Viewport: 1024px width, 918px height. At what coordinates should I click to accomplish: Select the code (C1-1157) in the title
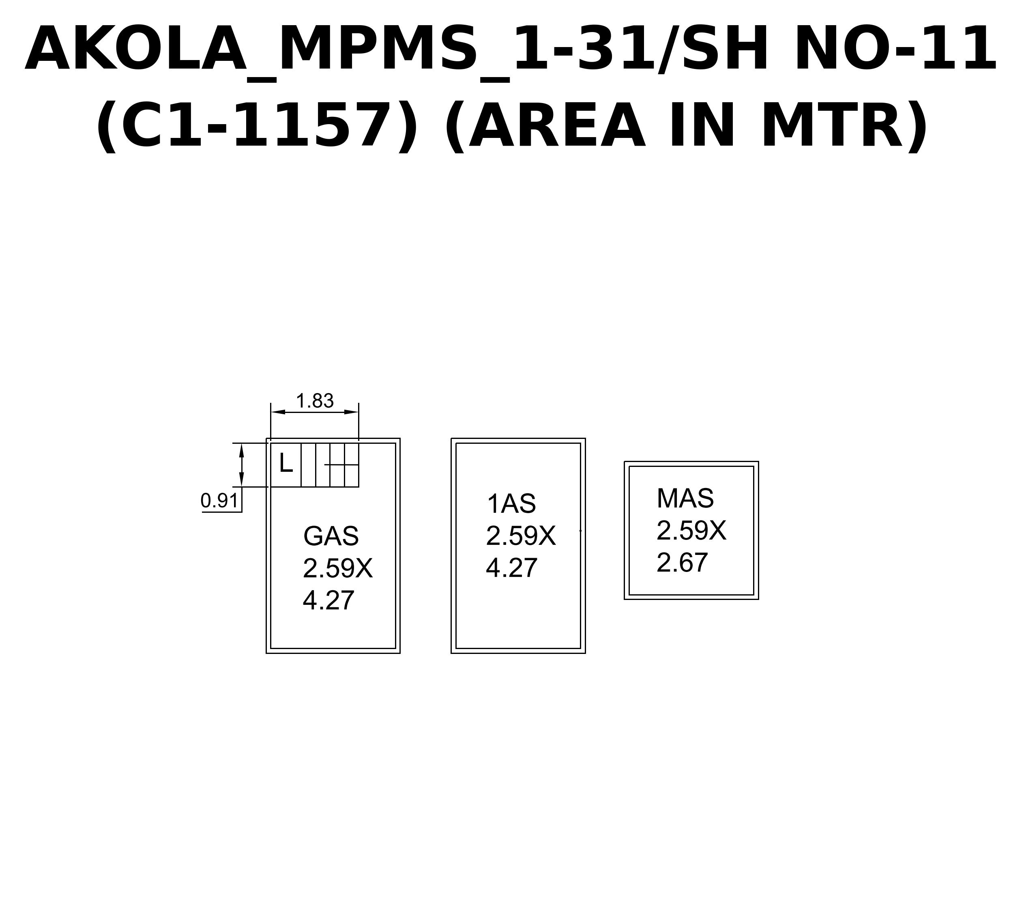257,126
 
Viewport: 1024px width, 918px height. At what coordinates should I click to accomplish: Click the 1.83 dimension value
315,401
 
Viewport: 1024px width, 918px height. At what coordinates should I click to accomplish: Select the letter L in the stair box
286,462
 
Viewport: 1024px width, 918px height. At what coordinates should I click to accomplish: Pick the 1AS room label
511,504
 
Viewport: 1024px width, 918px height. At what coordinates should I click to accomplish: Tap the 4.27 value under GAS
329,600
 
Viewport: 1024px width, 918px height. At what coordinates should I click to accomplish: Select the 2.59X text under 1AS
521,536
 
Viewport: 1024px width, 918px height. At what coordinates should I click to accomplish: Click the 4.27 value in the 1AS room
512,568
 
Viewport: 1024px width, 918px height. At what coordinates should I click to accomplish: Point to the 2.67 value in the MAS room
682,563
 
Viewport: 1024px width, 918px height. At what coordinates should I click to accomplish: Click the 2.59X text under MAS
691,531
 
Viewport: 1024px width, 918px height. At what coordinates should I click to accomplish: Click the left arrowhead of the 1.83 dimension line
278,412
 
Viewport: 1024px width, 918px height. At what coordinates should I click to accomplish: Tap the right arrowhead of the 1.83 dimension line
352,412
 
